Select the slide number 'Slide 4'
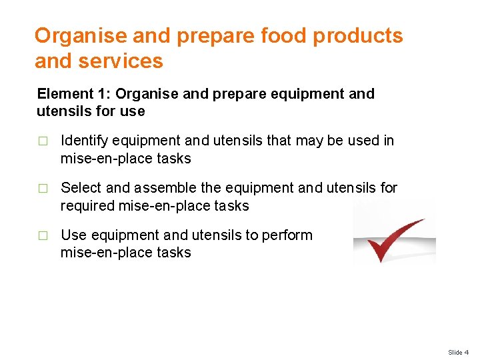pyautogui.click(x=458, y=352)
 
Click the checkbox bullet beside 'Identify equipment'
pyautogui.click(x=43, y=141)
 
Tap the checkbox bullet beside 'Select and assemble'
pyautogui.click(x=43, y=189)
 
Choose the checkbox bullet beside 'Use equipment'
pyautogui.click(x=43, y=235)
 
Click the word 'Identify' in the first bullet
pyautogui.click(x=84, y=141)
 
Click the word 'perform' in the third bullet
pyautogui.click(x=289, y=235)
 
